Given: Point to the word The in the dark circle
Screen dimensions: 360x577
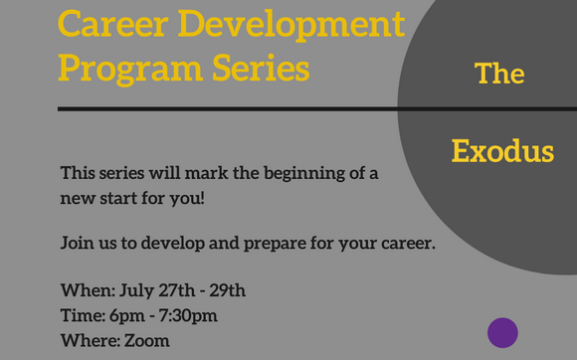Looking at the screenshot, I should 499,75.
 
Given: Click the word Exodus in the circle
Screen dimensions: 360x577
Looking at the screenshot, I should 502,152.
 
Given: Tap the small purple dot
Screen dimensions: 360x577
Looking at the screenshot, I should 502,332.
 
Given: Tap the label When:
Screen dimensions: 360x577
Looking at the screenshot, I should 87,291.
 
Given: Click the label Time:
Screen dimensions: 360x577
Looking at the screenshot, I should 83,316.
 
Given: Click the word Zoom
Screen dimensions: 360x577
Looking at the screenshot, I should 147,341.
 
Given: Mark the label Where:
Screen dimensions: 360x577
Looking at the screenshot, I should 90,341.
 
